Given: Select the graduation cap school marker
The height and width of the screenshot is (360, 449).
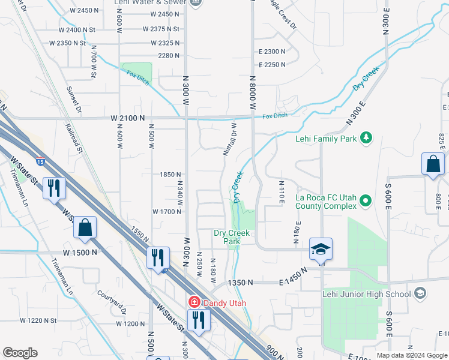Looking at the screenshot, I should pyautogui.click(x=321, y=249).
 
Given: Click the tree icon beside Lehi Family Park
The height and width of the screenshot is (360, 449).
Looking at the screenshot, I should pyautogui.click(x=366, y=139).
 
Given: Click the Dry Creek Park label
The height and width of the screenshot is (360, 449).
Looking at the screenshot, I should pyautogui.click(x=232, y=237).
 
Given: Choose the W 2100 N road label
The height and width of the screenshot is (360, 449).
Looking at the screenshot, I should pyautogui.click(x=128, y=119).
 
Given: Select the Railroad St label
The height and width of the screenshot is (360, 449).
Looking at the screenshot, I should pyautogui.click(x=73, y=137).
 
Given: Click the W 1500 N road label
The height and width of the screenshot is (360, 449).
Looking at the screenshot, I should pyautogui.click(x=77, y=253).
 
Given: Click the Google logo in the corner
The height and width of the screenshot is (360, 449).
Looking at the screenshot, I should pyautogui.click(x=20, y=353).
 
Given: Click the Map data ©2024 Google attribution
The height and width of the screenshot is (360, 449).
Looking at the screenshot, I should pyautogui.click(x=412, y=355).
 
